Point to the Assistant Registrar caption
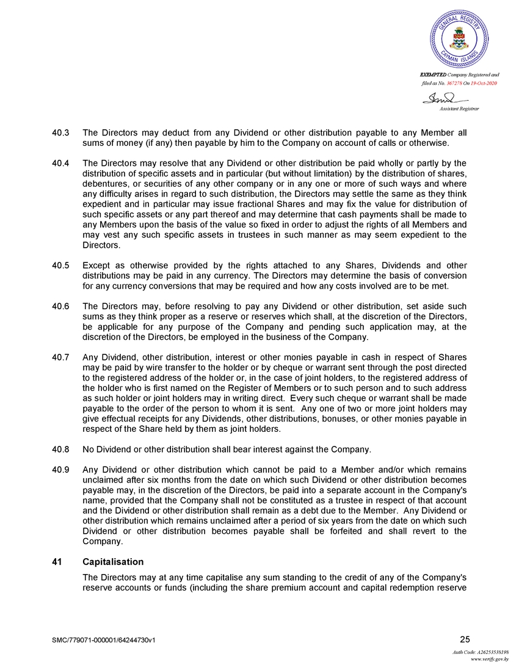[459, 108]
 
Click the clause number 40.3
[60, 132]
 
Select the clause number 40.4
[60, 163]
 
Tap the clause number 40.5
[60, 265]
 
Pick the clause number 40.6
[60, 306]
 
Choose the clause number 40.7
[60, 357]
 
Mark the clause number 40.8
[60, 450]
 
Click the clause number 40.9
[60, 470]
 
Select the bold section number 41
[57, 561]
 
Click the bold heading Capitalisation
[113, 561]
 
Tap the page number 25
[465, 639]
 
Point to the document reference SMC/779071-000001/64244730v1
[104, 640]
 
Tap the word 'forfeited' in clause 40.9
[365, 531]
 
